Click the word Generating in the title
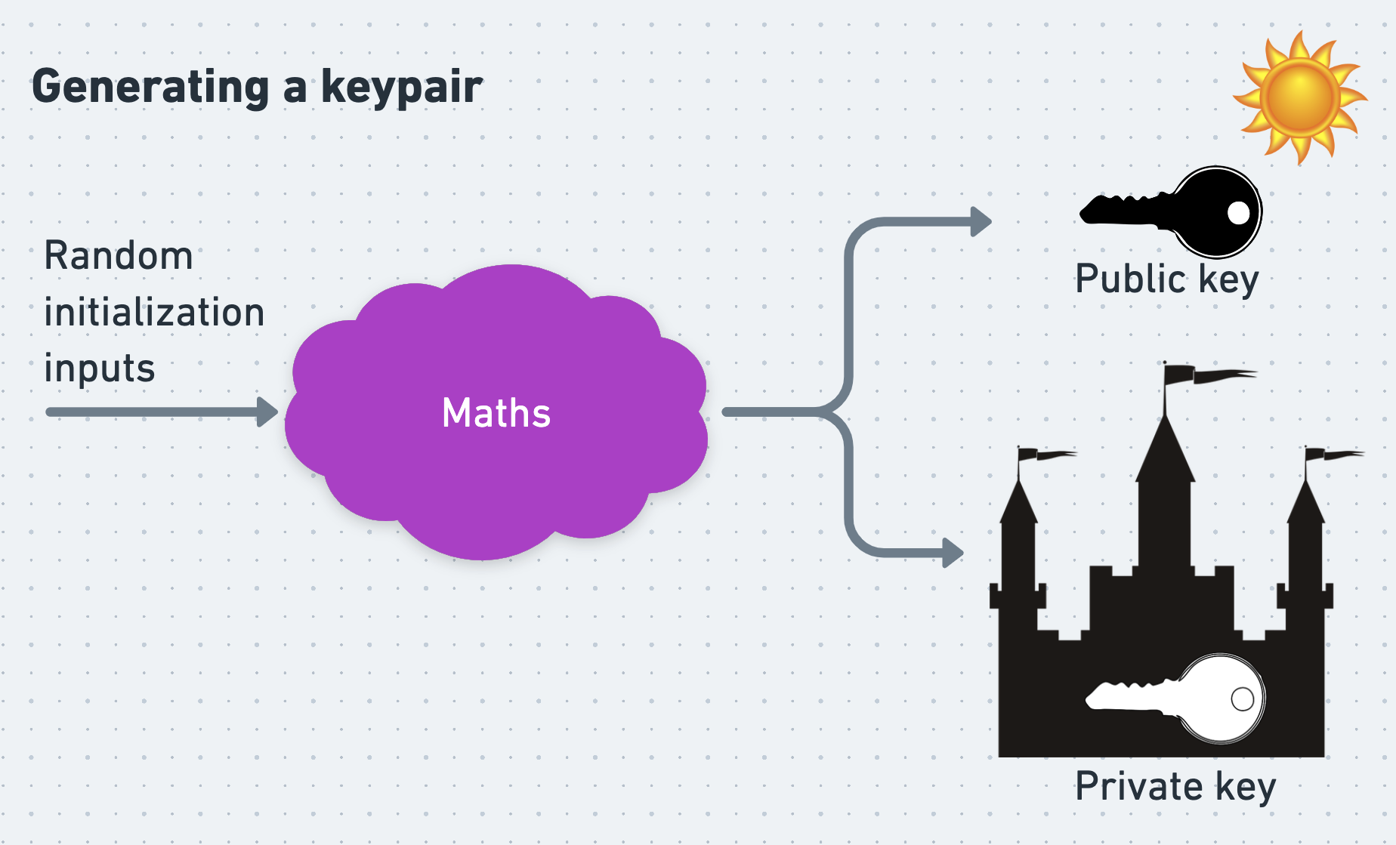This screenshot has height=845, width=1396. pyautogui.click(x=150, y=88)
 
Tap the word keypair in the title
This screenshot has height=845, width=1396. pyautogui.click(x=402, y=88)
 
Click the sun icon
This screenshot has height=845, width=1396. pyautogui.click(x=1300, y=98)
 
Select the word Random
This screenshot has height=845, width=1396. pyautogui.click(x=119, y=255)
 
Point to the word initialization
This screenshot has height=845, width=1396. pyautogui.click(x=154, y=311)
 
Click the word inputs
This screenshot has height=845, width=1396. pyautogui.click(x=100, y=369)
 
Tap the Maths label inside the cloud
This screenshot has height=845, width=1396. pyautogui.click(x=496, y=413)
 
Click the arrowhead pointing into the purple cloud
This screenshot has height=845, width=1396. pyautogui.click(x=267, y=412)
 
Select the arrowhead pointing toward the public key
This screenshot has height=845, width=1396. pyautogui.click(x=981, y=222)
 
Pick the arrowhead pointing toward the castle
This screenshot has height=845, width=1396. pyautogui.click(x=953, y=552)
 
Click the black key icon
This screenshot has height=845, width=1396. pyautogui.click(x=1171, y=212)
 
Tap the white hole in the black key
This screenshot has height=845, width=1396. pyautogui.click(x=1239, y=213)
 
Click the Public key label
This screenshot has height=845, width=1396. pyautogui.click(x=1167, y=279)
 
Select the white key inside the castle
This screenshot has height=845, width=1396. pyautogui.click(x=1175, y=699)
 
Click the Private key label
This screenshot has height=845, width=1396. pyautogui.click(x=1175, y=787)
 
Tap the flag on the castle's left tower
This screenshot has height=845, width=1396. pyautogui.click(x=1047, y=454)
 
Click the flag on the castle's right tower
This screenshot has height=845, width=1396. pyautogui.click(x=1335, y=454)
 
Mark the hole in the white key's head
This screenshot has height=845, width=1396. pyautogui.click(x=1243, y=699)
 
